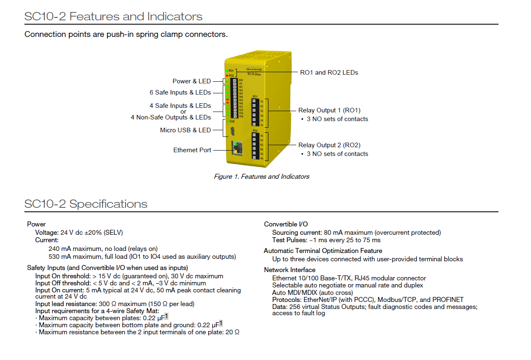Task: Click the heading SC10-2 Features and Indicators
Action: pyautogui.click(x=113, y=17)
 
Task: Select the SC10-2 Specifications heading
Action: pyautogui.click(x=86, y=204)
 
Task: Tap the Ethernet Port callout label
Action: pyautogui.click(x=192, y=150)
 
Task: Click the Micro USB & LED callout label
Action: pyautogui.click(x=185, y=130)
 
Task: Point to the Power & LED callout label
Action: pyautogui.click(x=192, y=81)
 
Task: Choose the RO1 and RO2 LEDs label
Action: pyautogui.click(x=329, y=73)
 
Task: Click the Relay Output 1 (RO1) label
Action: pyautogui.click(x=329, y=110)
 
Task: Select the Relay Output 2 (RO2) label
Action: pyautogui.click(x=329, y=145)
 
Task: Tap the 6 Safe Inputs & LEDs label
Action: pyautogui.click(x=180, y=92)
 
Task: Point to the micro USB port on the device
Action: pyautogui.click(x=233, y=132)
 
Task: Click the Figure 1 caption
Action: pyautogui.click(x=261, y=177)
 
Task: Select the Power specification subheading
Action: pyautogui.click(x=37, y=224)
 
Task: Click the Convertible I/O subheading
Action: pyautogui.click(x=286, y=224)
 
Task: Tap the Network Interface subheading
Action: pyautogui.click(x=290, y=270)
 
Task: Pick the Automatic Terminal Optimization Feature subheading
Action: pyautogui.click(x=323, y=251)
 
